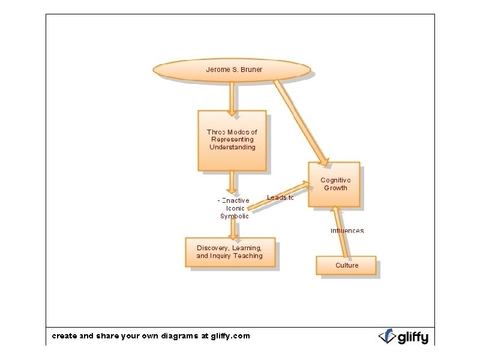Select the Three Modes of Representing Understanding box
point(232,140)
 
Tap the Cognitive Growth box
point(335,184)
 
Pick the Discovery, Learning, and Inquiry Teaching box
point(230,252)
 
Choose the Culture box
point(346,265)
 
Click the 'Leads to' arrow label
point(280,198)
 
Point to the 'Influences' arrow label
point(347,230)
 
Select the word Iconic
point(235,208)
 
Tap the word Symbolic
point(234,216)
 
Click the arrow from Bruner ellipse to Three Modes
point(232,97)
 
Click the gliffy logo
point(403,336)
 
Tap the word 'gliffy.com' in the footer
point(226,336)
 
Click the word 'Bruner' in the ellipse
point(251,70)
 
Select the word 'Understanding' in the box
point(232,147)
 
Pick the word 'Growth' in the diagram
point(335,188)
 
